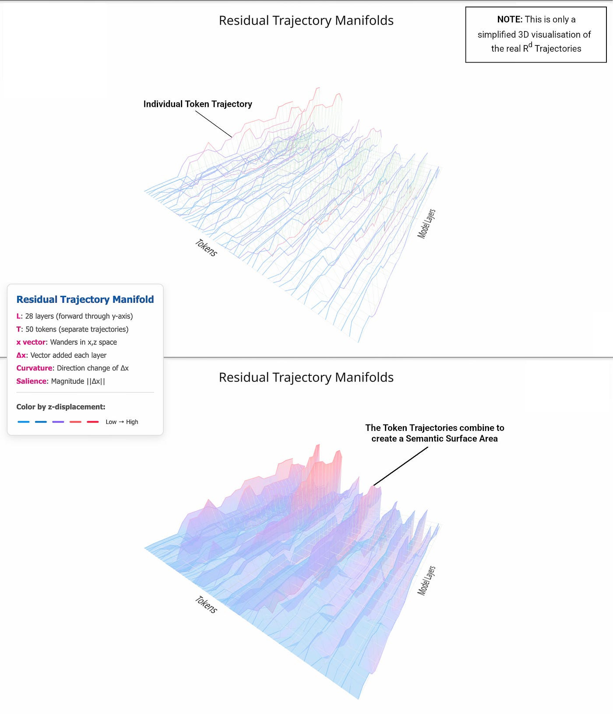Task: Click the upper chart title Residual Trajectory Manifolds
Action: pos(306,21)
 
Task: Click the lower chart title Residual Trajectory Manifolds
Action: pos(306,377)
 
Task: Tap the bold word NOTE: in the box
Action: pos(510,19)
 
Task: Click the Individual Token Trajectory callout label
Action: pos(197,104)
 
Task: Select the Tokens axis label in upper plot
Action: pos(206,248)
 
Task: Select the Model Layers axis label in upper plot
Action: pos(426,224)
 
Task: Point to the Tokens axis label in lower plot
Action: pos(206,605)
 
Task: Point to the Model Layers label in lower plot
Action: pos(426,581)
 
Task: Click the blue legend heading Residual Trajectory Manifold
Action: pos(85,299)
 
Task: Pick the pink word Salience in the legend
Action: pos(31,381)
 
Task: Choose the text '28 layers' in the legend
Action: pos(39,316)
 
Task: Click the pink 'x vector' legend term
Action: pos(31,342)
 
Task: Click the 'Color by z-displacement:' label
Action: pos(60,407)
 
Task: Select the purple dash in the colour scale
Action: pos(58,422)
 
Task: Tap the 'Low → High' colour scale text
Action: pos(122,422)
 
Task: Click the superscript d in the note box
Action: pos(530,45)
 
